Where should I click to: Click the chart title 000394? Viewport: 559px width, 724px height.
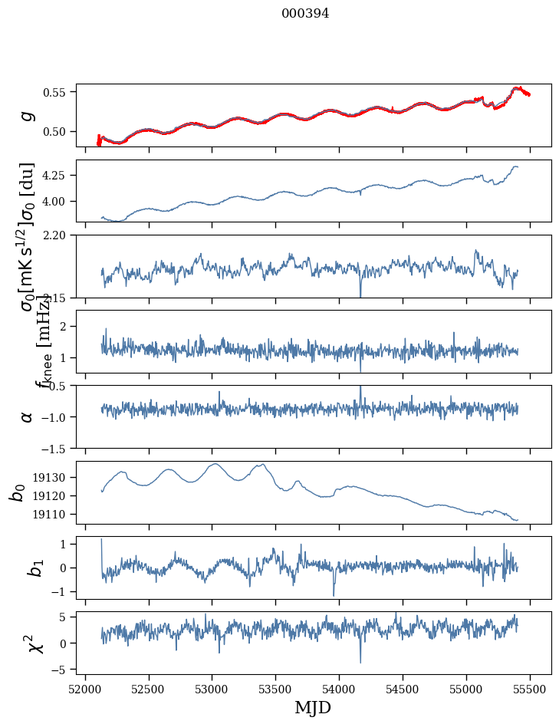point(305,14)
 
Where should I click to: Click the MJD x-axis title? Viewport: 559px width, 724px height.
point(313,707)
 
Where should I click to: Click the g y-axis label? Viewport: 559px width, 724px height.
point(28,115)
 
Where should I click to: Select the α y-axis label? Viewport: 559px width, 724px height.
point(28,416)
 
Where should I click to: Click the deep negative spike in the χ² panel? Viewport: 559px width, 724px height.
point(360,662)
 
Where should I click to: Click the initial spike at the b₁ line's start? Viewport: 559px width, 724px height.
point(101,540)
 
